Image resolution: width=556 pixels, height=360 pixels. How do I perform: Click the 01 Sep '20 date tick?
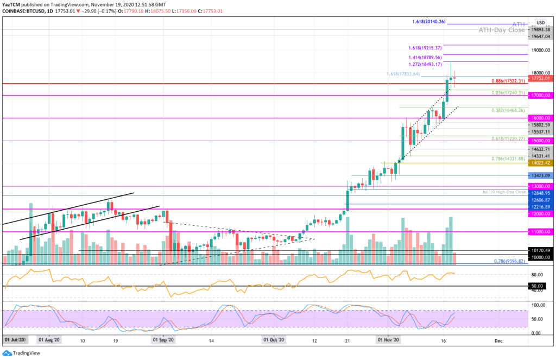coord(163,340)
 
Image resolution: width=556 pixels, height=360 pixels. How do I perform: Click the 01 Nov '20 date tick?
coord(389,340)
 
